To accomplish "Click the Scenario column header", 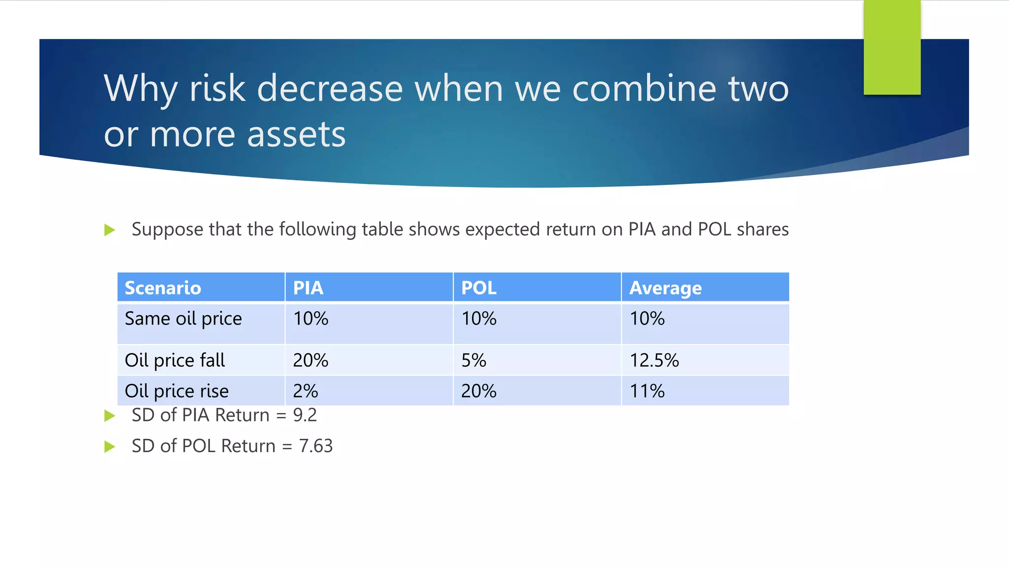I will point(163,288).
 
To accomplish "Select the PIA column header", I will point(308,288).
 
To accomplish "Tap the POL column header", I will point(478,288).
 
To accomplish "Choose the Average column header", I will point(665,288).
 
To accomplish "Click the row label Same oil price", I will point(183,319).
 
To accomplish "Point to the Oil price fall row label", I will point(175,360).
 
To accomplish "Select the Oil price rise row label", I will point(177,391).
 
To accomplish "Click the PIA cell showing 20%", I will point(310,360).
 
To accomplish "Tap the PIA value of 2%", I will point(305,391).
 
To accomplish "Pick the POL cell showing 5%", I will point(473,360).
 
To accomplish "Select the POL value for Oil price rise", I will point(478,391).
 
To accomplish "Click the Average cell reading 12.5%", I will point(654,360).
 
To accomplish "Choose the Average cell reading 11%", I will point(647,391).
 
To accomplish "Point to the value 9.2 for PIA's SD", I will point(305,415).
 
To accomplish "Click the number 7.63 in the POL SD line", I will point(316,446).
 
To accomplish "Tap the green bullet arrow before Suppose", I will point(110,230).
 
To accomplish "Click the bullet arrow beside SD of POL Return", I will point(110,447).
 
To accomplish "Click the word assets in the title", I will point(297,134).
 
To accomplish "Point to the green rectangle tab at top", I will point(892,47).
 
